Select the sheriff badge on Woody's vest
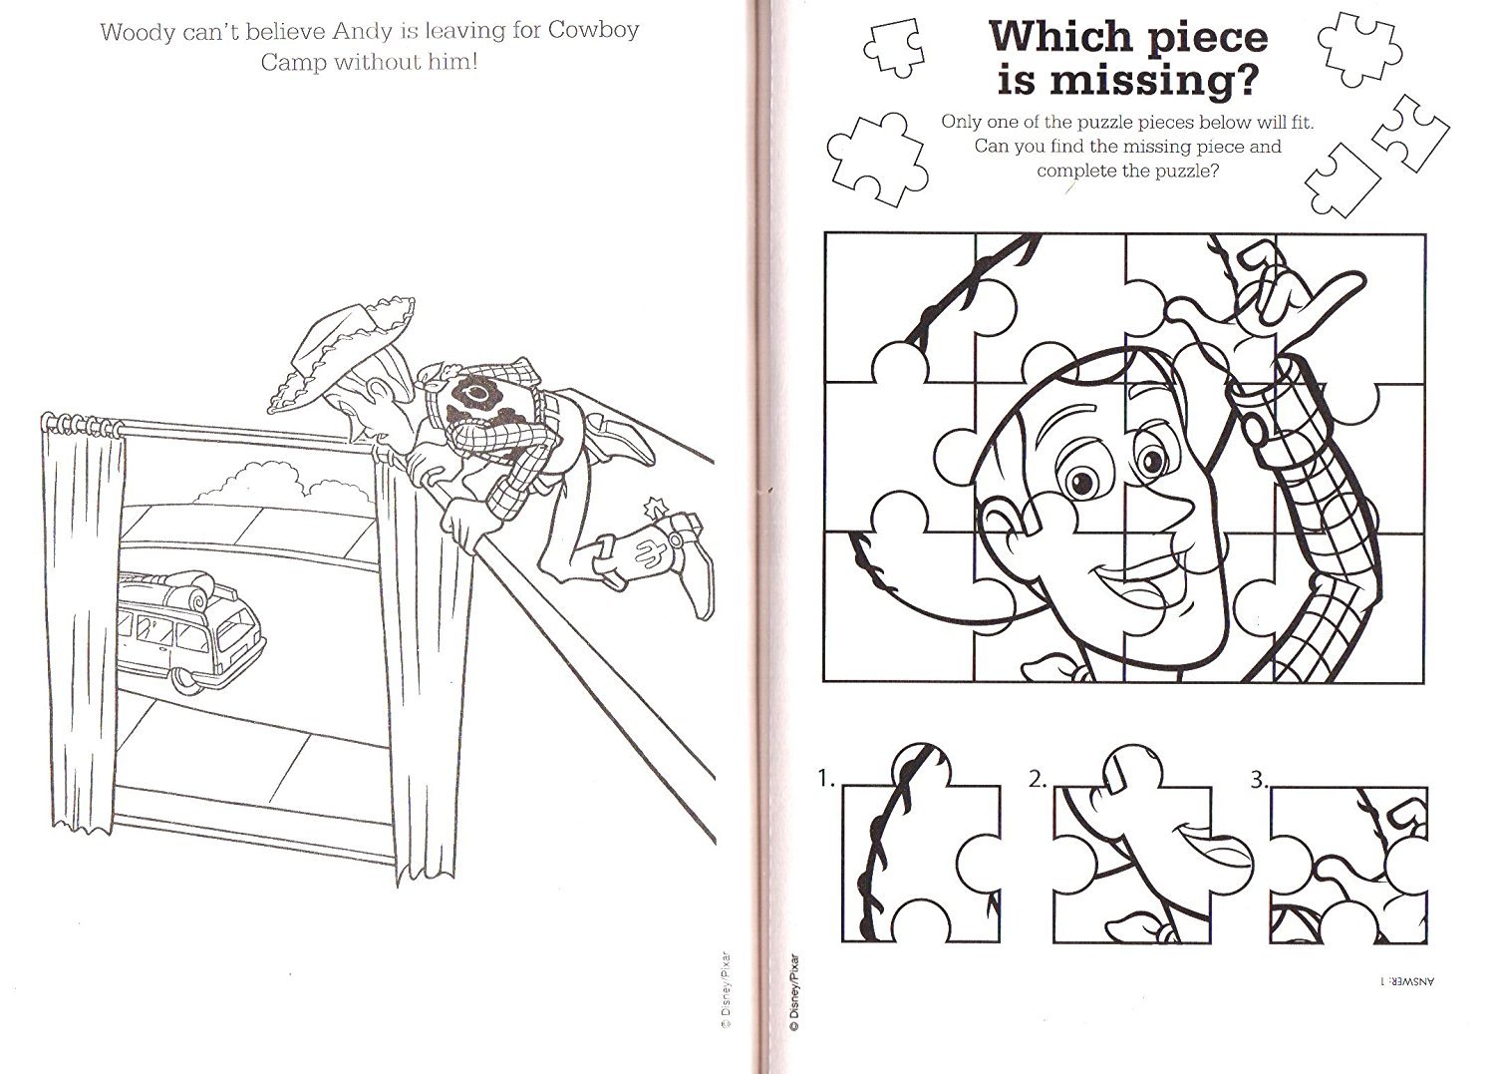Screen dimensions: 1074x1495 coord(468,395)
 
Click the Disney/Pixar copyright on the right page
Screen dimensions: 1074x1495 coord(793,997)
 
